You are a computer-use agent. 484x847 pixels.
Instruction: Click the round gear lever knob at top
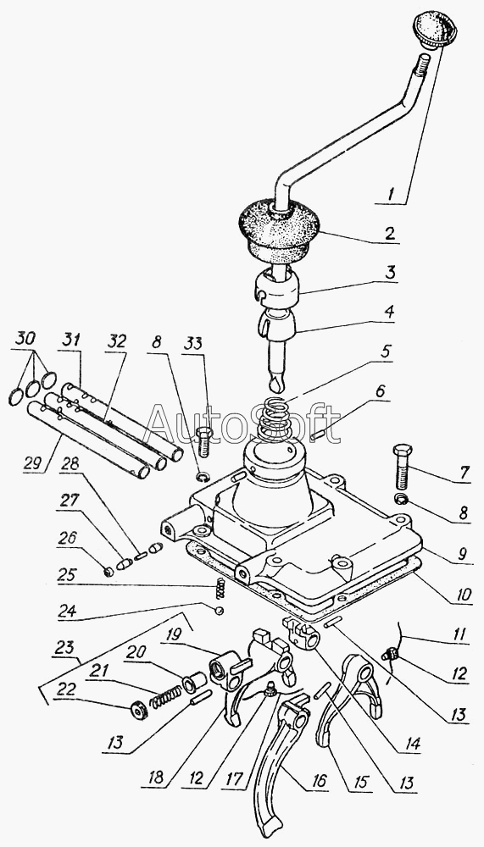click(434, 30)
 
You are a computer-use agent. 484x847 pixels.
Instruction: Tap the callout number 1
click(392, 193)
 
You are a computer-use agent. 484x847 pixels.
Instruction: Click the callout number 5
click(385, 352)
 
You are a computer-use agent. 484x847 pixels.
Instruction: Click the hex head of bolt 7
click(403, 451)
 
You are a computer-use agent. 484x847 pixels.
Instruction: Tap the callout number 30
click(25, 338)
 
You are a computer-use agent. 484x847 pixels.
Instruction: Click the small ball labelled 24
click(219, 610)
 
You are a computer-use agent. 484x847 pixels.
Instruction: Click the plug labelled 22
click(140, 711)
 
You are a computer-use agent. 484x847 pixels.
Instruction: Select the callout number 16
click(320, 780)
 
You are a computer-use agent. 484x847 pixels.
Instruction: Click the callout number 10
click(464, 595)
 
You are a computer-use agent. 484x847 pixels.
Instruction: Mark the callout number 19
click(173, 634)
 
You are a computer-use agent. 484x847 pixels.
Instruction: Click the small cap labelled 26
click(108, 571)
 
